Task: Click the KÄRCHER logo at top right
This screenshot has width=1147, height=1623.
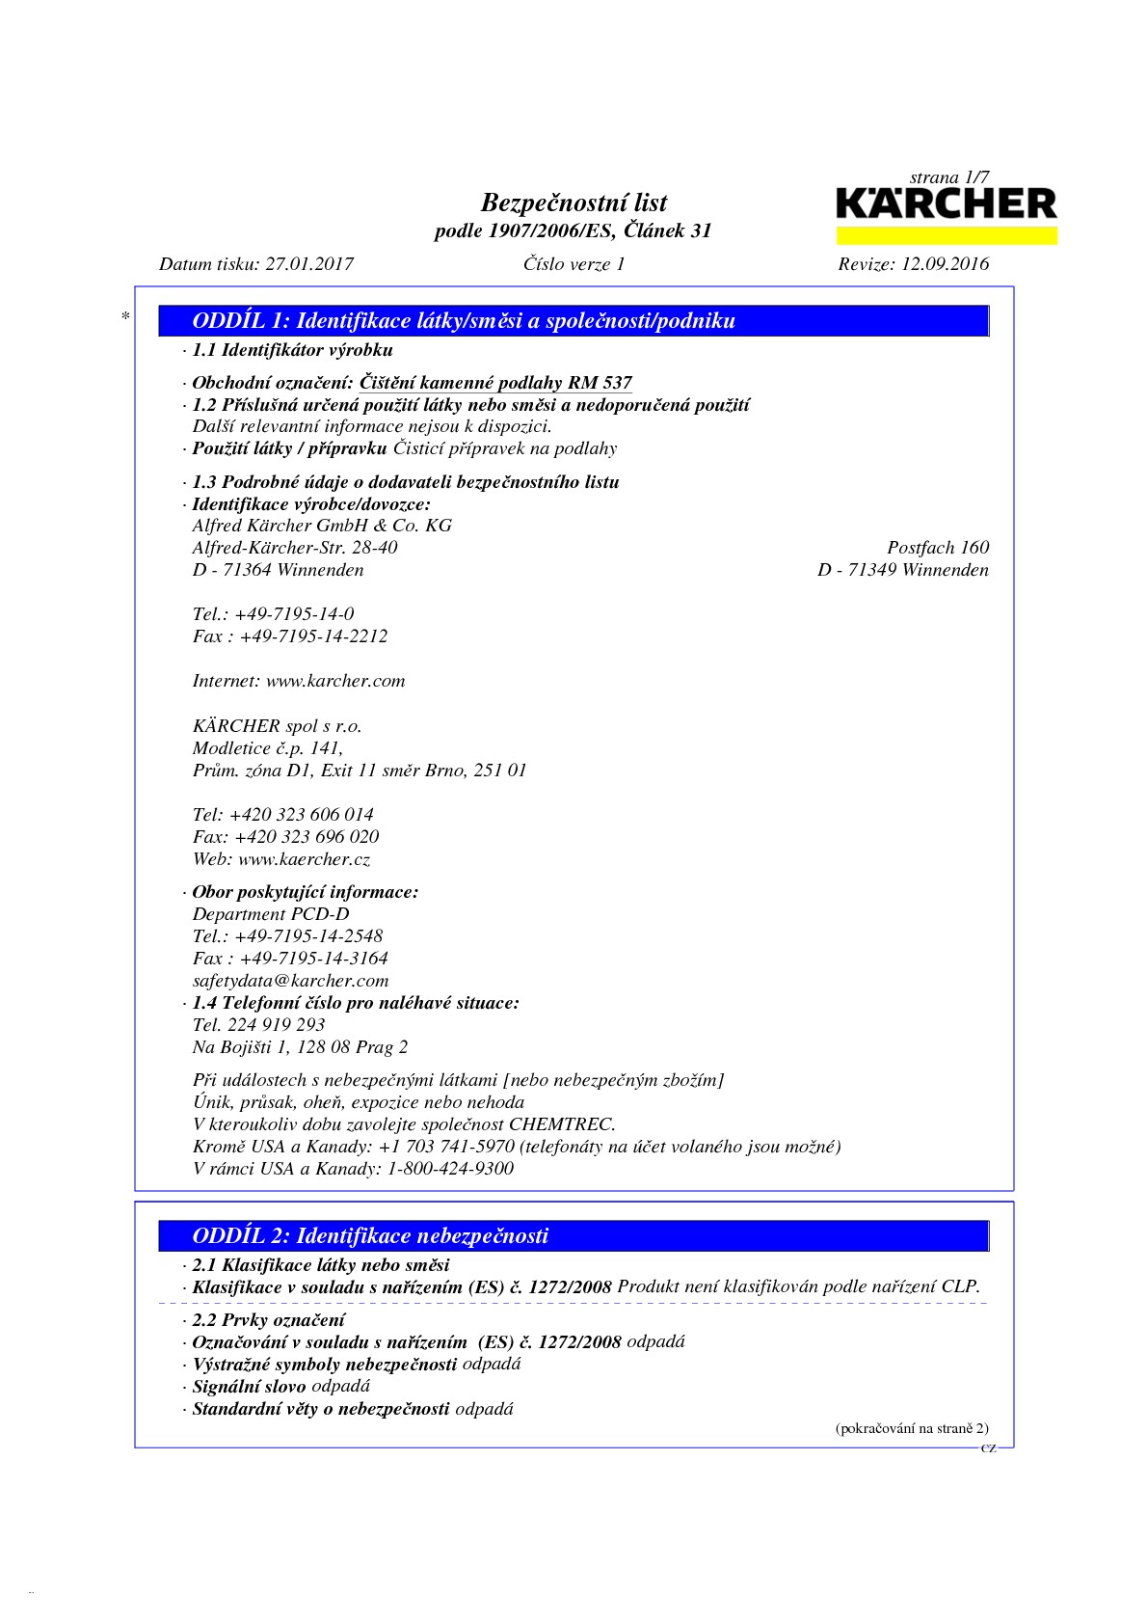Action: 946,205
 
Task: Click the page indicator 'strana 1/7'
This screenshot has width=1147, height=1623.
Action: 948,177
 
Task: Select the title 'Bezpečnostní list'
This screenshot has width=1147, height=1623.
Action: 573,203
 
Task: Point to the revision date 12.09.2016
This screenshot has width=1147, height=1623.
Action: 944,264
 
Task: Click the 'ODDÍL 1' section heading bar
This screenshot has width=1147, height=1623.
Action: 574,321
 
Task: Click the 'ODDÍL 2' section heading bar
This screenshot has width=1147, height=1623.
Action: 574,1235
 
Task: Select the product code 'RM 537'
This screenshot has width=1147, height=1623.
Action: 600,383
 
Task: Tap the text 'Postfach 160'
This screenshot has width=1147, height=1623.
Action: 937,548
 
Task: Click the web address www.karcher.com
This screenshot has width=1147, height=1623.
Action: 335,681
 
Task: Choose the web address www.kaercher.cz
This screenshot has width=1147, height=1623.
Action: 304,859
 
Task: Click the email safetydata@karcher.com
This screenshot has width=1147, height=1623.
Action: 290,981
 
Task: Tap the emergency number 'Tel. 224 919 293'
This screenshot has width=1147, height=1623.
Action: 258,1025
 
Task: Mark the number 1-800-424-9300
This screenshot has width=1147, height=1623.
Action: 450,1169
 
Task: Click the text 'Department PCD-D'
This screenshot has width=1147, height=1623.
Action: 271,914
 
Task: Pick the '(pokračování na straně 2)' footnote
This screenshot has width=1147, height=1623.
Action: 911,1429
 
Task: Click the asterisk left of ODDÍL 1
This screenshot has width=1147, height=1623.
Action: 125,316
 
